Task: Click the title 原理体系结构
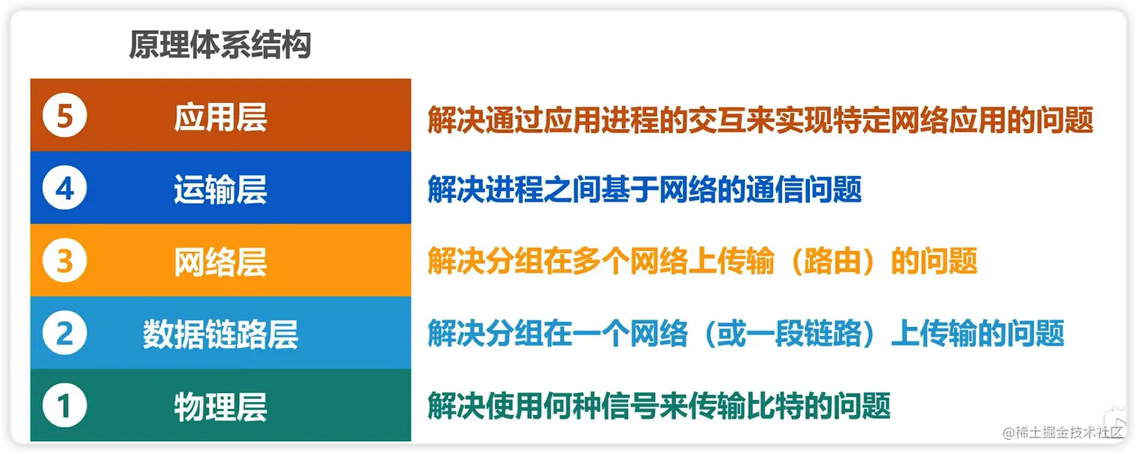pos(220,44)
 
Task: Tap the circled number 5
pos(65,116)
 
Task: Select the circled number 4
pos(65,188)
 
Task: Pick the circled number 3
pos(65,261)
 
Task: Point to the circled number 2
pos(65,333)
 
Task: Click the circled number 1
pos(65,406)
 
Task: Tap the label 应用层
pos(220,117)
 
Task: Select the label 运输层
pos(220,189)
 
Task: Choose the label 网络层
pos(220,262)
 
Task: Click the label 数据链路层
pos(220,334)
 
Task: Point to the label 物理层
pos(220,407)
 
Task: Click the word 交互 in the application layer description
pos(717,120)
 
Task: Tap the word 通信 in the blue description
pos(775,189)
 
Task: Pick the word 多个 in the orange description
pos(601,262)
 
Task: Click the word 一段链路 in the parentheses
pos(804,334)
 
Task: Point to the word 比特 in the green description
pos(775,406)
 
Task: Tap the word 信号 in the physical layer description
pos(630,406)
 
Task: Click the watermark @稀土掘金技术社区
pos(1063,433)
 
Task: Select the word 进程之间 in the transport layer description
pos(543,189)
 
